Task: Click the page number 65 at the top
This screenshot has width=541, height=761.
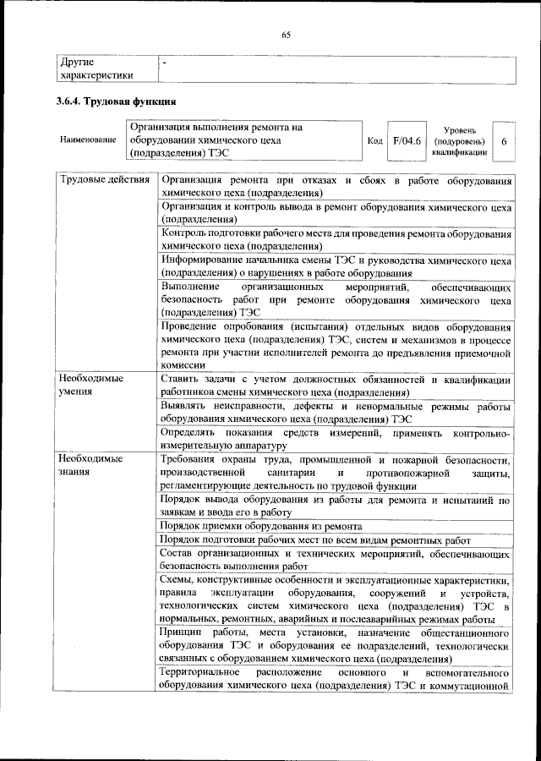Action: click(286, 34)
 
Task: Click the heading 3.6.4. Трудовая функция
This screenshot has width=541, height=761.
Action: click(115, 102)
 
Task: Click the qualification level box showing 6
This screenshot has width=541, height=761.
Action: click(503, 141)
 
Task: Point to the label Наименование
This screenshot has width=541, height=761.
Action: click(87, 141)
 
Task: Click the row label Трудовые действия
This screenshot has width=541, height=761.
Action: click(103, 181)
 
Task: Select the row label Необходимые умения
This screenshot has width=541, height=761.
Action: click(90, 386)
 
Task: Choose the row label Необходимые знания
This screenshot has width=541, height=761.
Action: click(90, 465)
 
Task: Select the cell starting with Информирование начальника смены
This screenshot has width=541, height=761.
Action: click(335, 267)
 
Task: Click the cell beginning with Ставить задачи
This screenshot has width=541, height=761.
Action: click(335, 386)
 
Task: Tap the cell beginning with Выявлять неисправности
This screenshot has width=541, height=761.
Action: click(335, 413)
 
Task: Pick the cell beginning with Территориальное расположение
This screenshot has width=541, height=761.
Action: click(335, 678)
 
